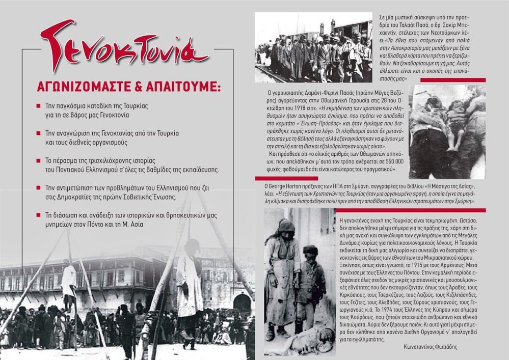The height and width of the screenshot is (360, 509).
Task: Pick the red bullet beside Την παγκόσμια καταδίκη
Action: [39, 108]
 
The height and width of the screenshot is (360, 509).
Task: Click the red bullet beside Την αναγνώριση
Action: [39, 133]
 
